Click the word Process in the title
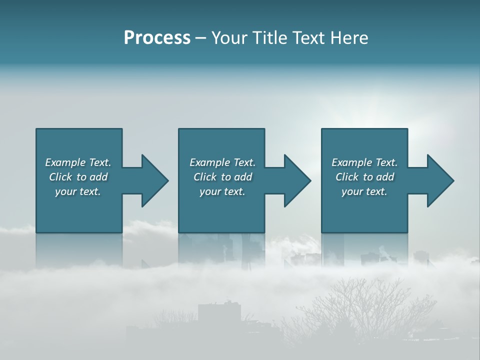157,38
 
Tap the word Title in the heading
270,38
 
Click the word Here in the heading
349,38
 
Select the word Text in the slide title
310,38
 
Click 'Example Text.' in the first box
78,162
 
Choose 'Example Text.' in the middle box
222,162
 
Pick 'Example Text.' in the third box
364,162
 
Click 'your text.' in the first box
78,191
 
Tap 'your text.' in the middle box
222,191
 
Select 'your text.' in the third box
364,191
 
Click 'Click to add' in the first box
78,177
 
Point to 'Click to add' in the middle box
222,177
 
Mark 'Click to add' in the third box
364,177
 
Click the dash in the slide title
201,38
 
